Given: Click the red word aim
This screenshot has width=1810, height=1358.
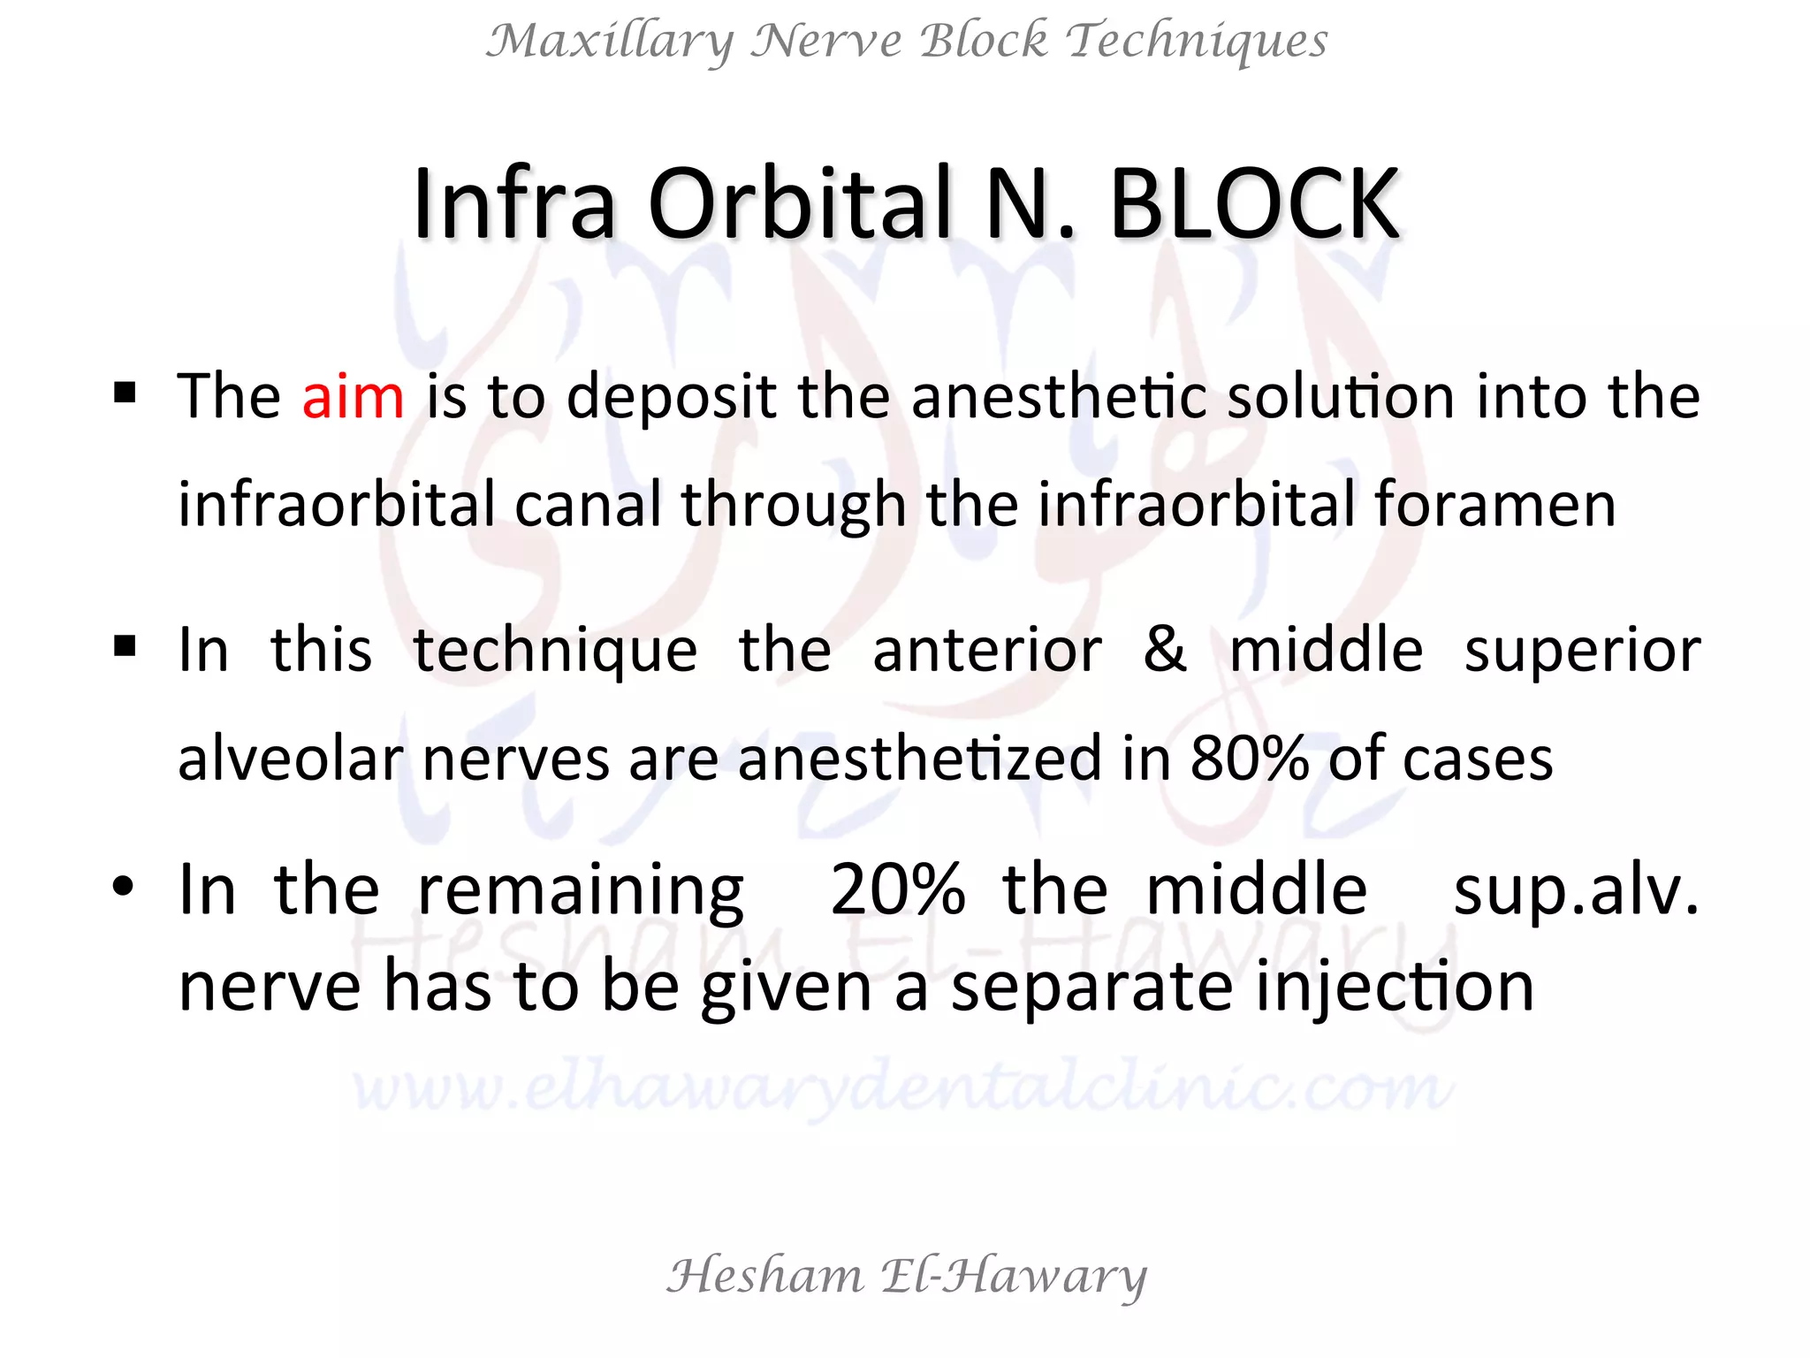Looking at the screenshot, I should pyautogui.click(x=353, y=397).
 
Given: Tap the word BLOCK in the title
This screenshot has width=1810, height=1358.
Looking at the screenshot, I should pyautogui.click(x=1254, y=205).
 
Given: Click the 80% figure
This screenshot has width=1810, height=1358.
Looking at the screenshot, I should pyautogui.click(x=1249, y=759).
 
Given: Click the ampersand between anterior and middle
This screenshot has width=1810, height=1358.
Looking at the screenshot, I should pyautogui.click(x=1165, y=650).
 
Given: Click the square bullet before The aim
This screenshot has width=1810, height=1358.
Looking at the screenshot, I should pyautogui.click(x=125, y=391).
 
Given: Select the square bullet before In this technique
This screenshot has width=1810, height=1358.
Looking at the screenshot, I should pyautogui.click(x=125, y=646).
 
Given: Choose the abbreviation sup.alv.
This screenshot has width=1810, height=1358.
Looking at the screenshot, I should pyautogui.click(x=1576, y=891).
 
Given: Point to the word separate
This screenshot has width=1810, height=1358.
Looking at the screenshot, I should pyautogui.click(x=1092, y=988).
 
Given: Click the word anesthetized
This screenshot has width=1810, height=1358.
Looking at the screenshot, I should pyautogui.click(x=919, y=759).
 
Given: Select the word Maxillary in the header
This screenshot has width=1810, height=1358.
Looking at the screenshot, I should pyautogui.click(x=610, y=42).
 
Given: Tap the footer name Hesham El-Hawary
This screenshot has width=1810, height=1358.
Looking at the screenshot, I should pyautogui.click(x=906, y=1276).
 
